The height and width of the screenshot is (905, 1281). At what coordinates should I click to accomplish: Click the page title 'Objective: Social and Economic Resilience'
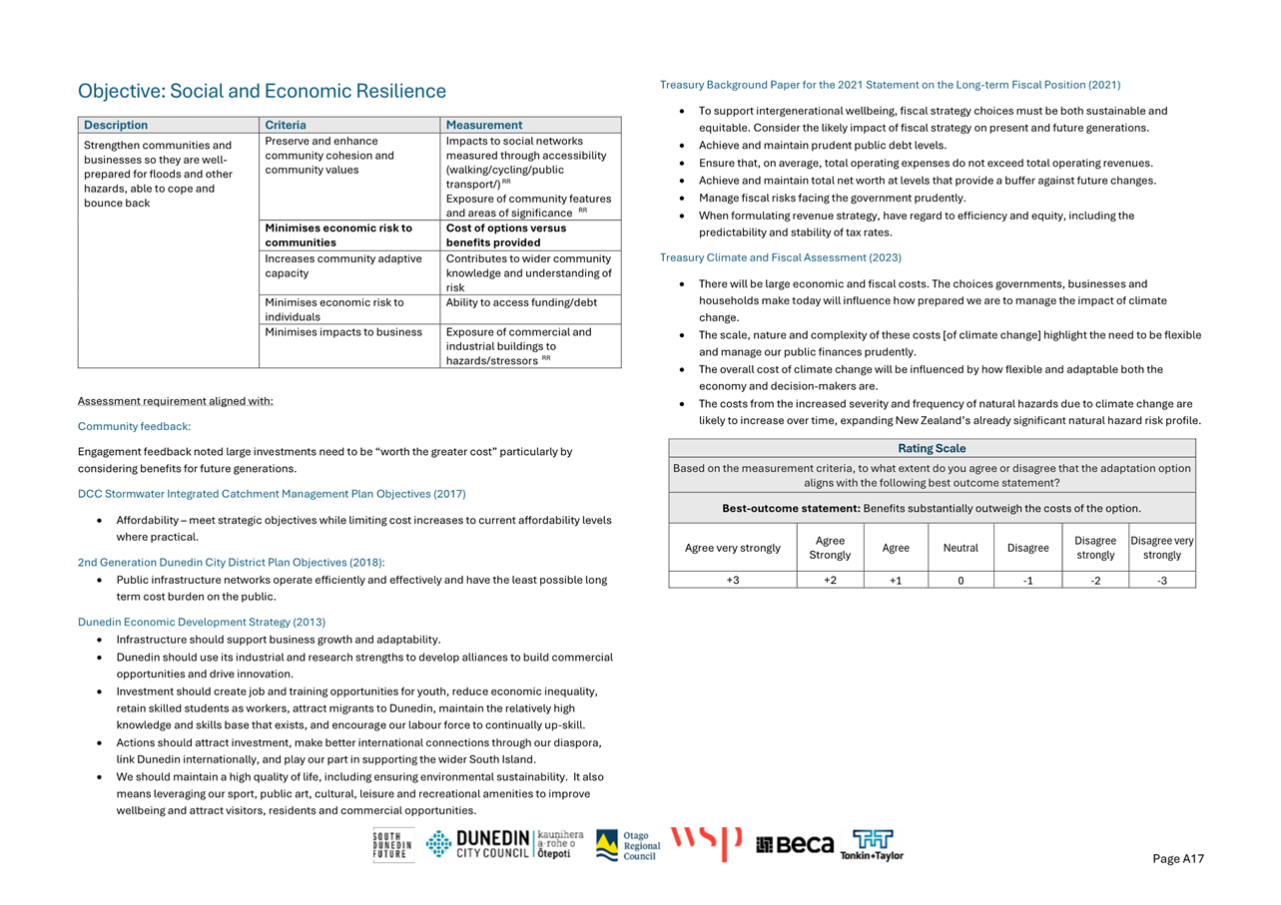coord(262,92)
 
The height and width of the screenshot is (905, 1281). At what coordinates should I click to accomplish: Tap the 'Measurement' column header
coord(484,125)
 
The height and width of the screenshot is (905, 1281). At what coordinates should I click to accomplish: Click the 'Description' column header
coord(116,125)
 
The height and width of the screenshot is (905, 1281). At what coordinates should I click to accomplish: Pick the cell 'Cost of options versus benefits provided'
coord(506,234)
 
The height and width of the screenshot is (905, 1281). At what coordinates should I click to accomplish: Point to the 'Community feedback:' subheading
coord(134,426)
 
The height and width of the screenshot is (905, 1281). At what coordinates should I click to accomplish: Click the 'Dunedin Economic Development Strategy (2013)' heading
coord(202,622)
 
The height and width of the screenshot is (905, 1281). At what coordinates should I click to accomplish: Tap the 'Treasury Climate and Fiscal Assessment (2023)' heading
coord(781,257)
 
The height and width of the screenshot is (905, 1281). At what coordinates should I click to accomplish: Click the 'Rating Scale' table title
coord(932,448)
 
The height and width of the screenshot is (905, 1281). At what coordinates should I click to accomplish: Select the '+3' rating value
coord(733,580)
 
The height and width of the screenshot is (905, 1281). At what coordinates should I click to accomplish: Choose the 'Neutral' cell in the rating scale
coord(961,548)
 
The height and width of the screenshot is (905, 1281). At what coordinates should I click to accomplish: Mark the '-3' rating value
coord(1162,580)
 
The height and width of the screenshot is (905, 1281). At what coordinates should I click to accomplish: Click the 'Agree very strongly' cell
coord(733,548)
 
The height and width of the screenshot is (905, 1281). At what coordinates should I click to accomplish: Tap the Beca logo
coord(795,845)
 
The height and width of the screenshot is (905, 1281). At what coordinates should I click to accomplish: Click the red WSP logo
coord(706,843)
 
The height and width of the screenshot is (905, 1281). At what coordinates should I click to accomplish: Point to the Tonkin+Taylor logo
coord(872,845)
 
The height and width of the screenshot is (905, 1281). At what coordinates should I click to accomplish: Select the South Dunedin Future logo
coord(392,845)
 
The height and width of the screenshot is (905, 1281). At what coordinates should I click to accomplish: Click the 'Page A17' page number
coord(1178,859)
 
